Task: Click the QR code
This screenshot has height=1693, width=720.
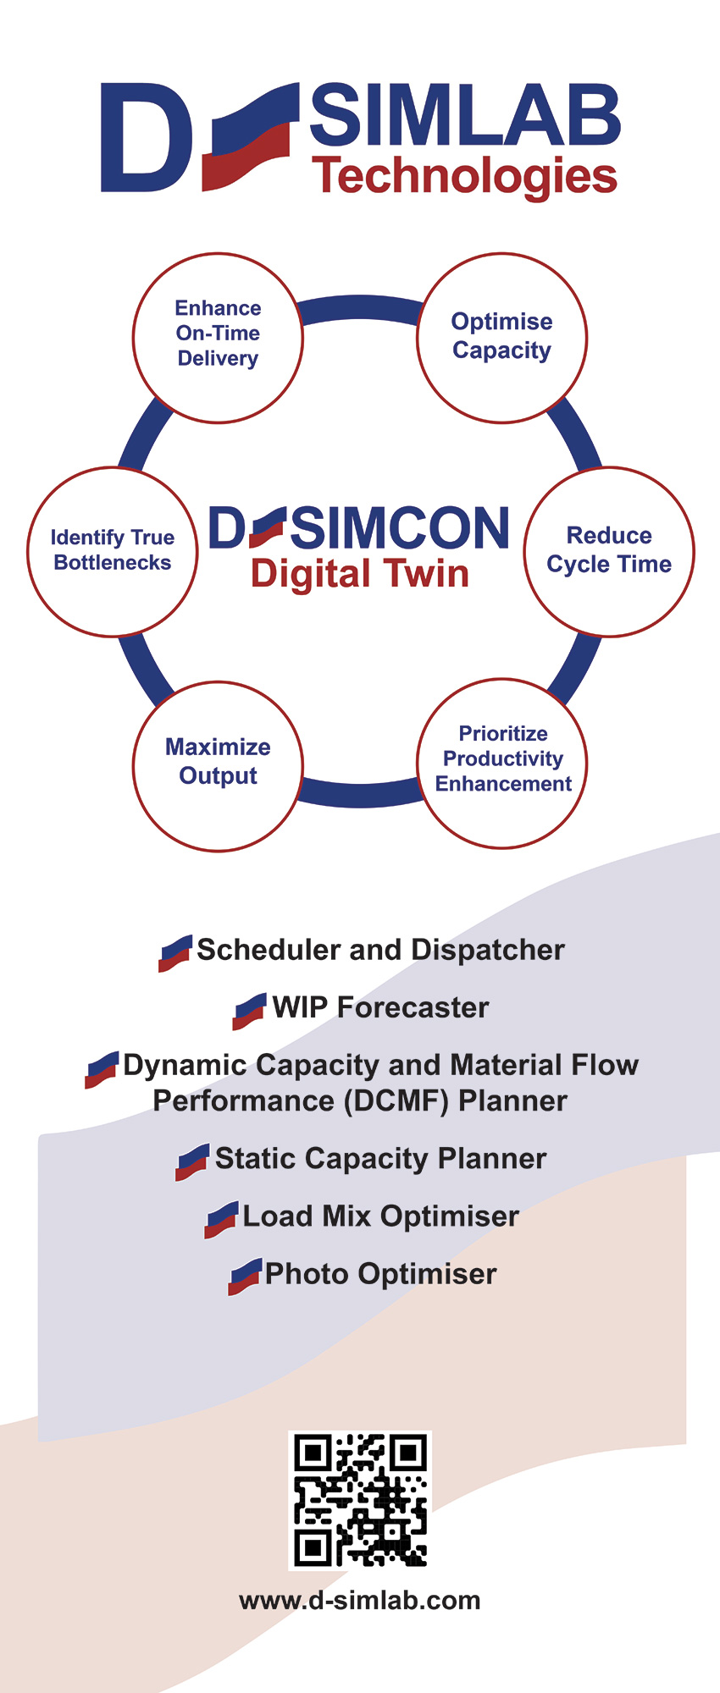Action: pyautogui.click(x=360, y=1500)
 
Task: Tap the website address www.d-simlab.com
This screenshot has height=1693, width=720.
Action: pyautogui.click(x=360, y=1601)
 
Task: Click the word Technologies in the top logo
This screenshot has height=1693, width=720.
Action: pyautogui.click(x=465, y=177)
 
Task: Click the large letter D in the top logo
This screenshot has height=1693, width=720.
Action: pyautogui.click(x=146, y=137)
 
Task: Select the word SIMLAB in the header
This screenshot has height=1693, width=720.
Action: pyautogui.click(x=465, y=115)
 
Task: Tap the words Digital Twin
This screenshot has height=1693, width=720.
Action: pyautogui.click(x=360, y=575)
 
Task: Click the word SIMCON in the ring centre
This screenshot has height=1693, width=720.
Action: pyautogui.click(x=401, y=528)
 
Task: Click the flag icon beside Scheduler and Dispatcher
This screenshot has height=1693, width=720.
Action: pyautogui.click(x=175, y=954)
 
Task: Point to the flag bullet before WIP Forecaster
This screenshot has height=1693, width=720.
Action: pyautogui.click(x=250, y=1012)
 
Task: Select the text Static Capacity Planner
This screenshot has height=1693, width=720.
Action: pyautogui.click(x=381, y=1159)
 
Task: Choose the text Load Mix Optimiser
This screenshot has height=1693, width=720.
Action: pyautogui.click(x=381, y=1216)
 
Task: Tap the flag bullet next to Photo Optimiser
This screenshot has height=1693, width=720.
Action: pyautogui.click(x=245, y=1277)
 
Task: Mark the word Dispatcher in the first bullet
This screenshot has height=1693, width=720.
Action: pyautogui.click(x=488, y=951)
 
